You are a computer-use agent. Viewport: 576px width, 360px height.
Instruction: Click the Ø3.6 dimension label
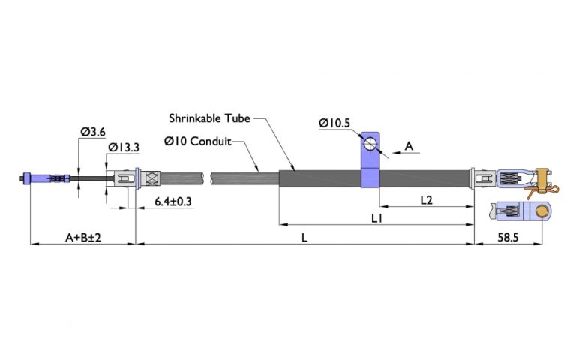point(92,133)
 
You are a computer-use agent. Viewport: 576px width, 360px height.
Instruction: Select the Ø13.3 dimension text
point(122,148)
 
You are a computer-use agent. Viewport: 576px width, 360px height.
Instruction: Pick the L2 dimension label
point(426,200)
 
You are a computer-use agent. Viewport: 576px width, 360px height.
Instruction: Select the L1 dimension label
point(376,218)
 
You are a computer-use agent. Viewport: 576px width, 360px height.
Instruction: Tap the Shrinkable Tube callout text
point(208,118)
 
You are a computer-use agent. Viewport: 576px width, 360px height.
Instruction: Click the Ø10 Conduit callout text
point(197,140)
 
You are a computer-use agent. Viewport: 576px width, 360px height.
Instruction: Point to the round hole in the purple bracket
point(370,144)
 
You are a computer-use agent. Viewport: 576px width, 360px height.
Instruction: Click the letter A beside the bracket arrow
point(409,146)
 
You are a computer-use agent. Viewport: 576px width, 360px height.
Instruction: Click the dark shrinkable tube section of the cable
point(322,178)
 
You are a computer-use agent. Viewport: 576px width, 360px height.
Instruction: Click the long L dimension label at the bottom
point(304,237)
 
